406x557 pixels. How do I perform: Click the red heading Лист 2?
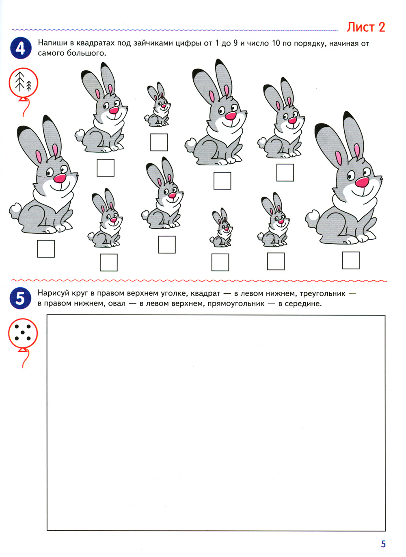(365, 27)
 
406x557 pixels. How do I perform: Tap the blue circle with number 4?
(21, 48)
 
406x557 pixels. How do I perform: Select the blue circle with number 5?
(20, 298)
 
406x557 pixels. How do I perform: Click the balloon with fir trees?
(24, 83)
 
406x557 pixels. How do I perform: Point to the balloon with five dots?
(23, 334)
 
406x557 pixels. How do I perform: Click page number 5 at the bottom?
(383, 544)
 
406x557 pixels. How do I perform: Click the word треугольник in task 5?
(322, 293)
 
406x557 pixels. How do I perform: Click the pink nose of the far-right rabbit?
(362, 182)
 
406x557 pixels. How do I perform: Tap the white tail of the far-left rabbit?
(15, 210)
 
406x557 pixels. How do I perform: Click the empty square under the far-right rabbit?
(351, 260)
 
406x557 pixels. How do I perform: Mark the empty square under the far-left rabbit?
(46, 249)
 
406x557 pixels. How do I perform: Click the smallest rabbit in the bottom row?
(221, 228)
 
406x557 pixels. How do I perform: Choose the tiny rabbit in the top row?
(157, 104)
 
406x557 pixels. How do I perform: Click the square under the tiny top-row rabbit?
(159, 142)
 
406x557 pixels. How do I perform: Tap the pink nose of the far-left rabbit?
(60, 178)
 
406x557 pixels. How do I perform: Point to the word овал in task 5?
(117, 304)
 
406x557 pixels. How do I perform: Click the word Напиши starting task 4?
(53, 43)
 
